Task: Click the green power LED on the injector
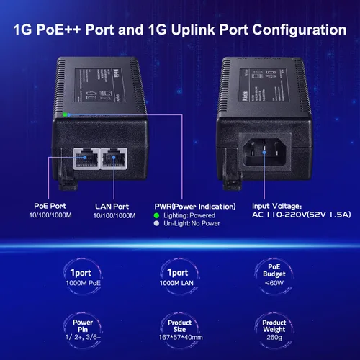click(65, 114)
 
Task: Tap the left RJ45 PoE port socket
click(86, 158)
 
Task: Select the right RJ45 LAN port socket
click(114, 158)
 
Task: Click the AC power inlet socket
click(264, 152)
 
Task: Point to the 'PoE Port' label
click(50, 206)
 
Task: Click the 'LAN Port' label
click(112, 207)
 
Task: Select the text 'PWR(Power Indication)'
click(195, 207)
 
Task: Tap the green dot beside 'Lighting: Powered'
click(156, 215)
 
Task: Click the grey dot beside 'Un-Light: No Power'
click(156, 223)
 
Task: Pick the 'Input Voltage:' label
click(276, 206)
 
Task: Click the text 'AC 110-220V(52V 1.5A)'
click(302, 215)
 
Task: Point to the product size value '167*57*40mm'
click(181, 337)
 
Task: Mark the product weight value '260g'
click(274, 338)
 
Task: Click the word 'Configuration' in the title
click(300, 30)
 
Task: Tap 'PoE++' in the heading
click(58, 30)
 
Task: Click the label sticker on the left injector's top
click(100, 85)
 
